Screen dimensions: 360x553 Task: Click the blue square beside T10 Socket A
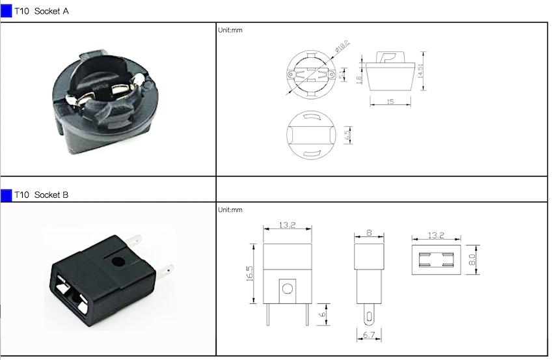[x=7, y=11]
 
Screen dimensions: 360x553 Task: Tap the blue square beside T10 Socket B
[x=7, y=195]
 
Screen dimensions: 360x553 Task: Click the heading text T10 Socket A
[x=42, y=11]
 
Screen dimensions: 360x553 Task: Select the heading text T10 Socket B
[x=42, y=195]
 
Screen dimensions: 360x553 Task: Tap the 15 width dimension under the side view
[x=390, y=102]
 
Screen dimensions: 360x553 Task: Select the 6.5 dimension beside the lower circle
[x=347, y=136]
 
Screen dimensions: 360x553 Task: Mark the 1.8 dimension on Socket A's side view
[x=359, y=79]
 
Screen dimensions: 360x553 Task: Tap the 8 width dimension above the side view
[x=368, y=232]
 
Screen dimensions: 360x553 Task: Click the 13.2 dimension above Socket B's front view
[x=287, y=225]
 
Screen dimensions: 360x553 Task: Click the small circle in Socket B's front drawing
[x=287, y=287]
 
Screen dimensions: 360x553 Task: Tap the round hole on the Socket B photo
[x=118, y=262]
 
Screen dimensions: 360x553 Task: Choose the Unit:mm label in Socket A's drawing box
[x=230, y=30]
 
